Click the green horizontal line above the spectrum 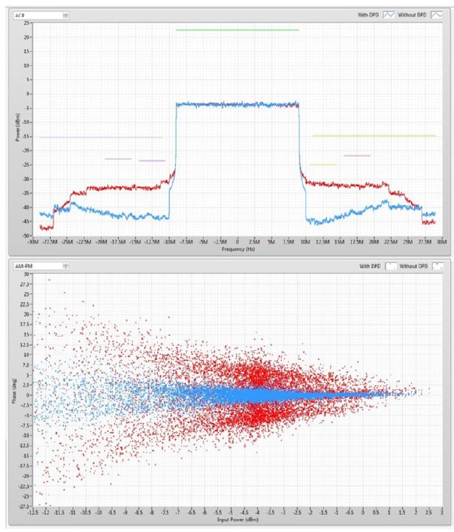(238, 30)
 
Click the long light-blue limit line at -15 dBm (101, 137)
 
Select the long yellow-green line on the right (374, 136)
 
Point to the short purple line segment (118, 159)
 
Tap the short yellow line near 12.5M (322, 165)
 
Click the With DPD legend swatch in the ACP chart (389, 14)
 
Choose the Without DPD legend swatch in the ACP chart (436, 14)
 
